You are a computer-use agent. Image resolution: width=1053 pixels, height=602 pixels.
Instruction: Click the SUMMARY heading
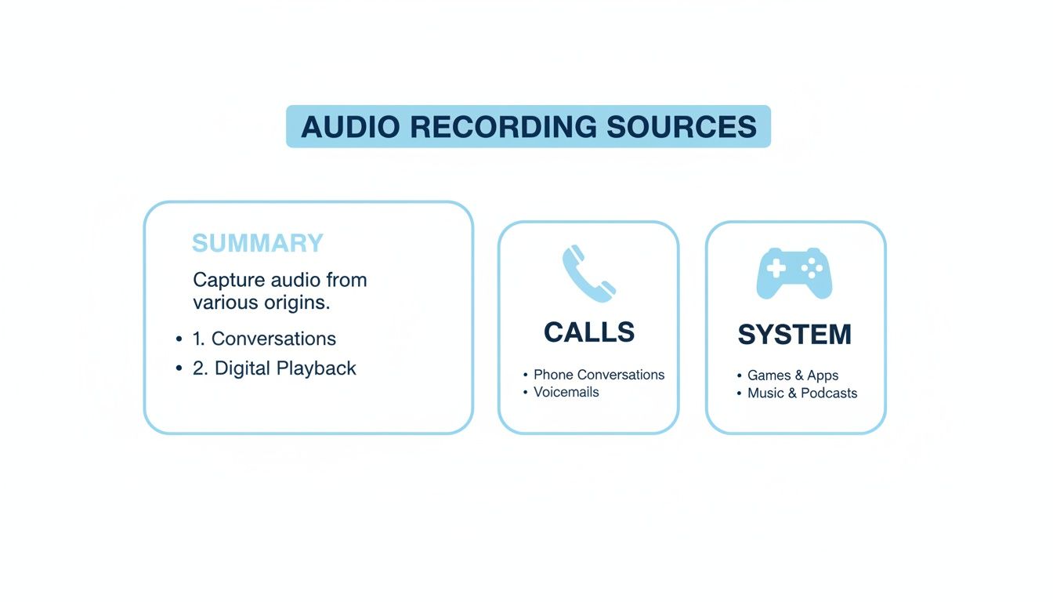point(257,243)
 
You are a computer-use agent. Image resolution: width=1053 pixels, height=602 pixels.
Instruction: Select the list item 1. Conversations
point(264,339)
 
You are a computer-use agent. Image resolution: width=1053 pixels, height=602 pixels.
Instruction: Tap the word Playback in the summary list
point(317,368)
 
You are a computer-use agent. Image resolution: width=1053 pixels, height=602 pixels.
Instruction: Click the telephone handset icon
point(588,274)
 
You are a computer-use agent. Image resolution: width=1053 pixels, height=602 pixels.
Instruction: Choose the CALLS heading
point(588,332)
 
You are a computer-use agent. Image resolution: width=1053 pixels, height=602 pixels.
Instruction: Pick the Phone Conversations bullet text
point(599,375)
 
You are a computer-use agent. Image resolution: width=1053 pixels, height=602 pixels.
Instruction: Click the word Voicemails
point(566,392)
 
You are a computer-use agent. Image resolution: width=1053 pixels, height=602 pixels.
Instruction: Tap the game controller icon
point(794,273)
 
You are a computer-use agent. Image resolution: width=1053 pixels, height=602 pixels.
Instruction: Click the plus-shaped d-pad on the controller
point(776,269)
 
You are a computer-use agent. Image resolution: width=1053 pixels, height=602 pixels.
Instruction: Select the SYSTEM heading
point(794,335)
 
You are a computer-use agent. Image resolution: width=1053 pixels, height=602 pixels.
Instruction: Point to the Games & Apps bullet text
point(792,375)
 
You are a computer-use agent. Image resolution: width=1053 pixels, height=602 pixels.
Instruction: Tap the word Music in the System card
point(765,393)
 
